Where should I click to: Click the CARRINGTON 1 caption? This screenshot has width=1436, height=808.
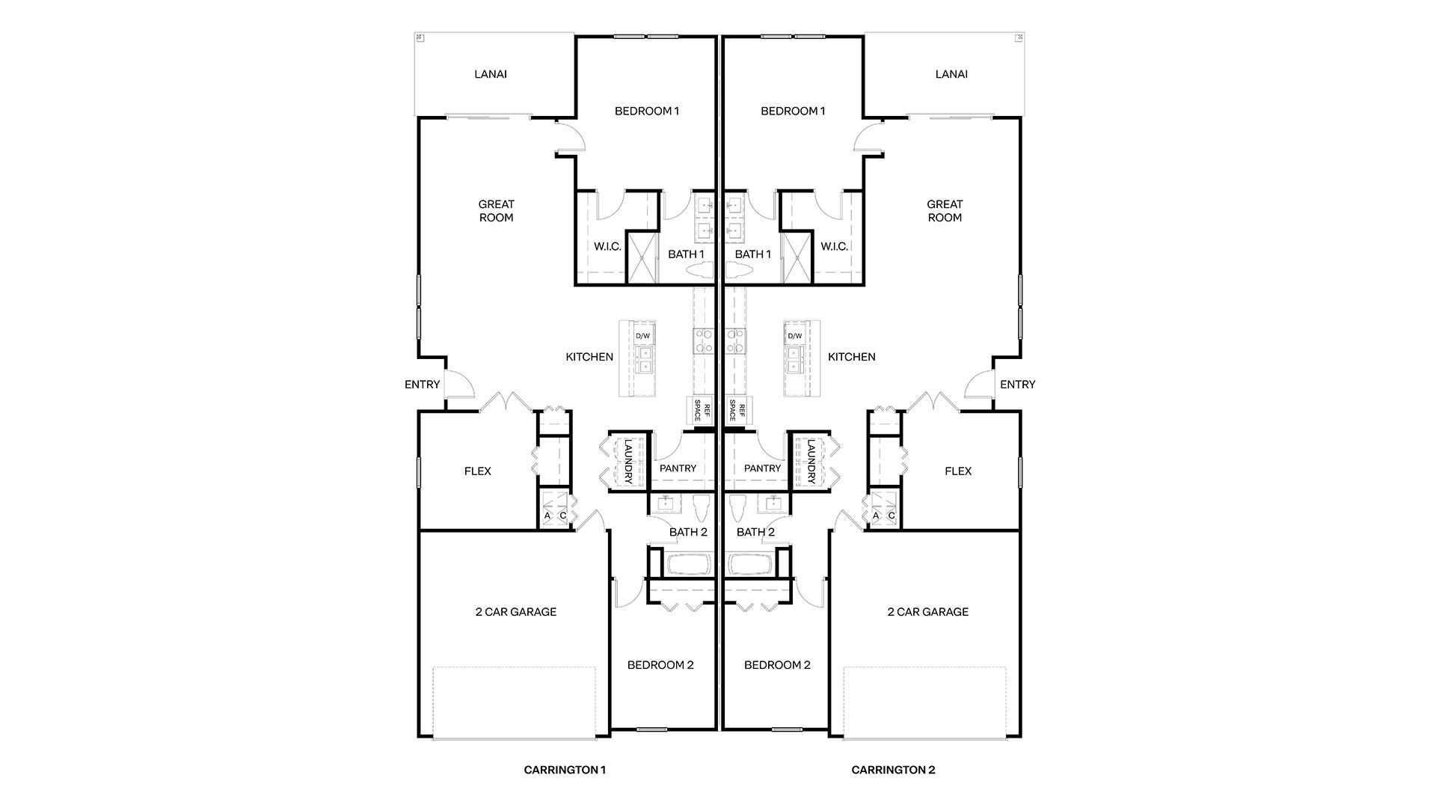click(x=565, y=769)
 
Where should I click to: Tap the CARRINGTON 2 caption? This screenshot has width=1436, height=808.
click(x=893, y=769)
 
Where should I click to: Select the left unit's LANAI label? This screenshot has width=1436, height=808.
click(x=491, y=74)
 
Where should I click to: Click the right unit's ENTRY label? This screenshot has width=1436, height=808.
click(x=1017, y=385)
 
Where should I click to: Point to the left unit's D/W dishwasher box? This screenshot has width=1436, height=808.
click(x=643, y=336)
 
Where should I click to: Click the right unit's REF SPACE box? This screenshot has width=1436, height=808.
click(x=737, y=410)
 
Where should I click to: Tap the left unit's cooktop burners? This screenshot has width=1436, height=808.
click(x=704, y=340)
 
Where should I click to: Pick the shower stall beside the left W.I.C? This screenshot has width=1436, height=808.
click(x=641, y=258)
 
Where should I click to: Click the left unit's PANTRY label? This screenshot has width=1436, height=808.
click(x=678, y=468)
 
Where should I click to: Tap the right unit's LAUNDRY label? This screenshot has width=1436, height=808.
click(x=811, y=461)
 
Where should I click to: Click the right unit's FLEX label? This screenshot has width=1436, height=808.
click(x=958, y=471)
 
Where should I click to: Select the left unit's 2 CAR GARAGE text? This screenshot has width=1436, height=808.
click(x=516, y=612)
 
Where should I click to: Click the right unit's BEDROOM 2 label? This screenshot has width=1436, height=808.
click(x=777, y=665)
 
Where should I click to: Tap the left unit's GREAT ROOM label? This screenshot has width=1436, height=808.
click(x=497, y=211)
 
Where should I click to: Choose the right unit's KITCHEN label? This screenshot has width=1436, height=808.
click(x=851, y=357)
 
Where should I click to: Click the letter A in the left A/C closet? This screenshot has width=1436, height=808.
click(x=547, y=516)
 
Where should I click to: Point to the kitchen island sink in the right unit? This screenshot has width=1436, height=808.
click(x=794, y=358)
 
